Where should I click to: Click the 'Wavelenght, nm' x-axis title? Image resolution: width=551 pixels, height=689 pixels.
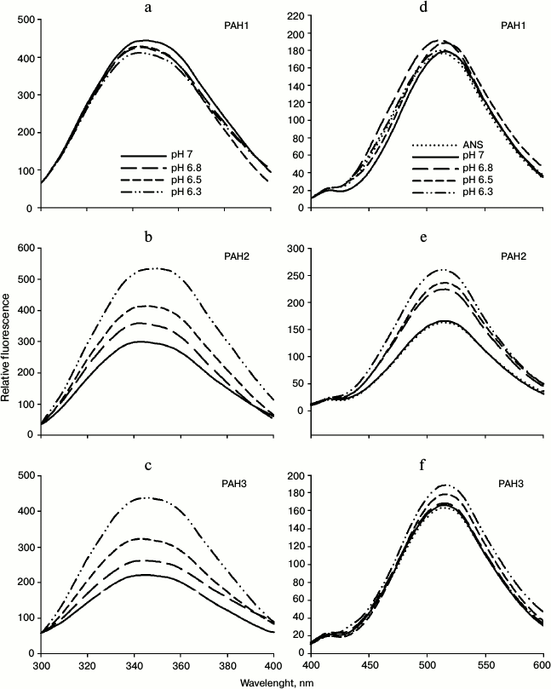pyautogui.click(x=277, y=682)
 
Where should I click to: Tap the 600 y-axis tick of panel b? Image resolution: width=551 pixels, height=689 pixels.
pyautogui.click(x=17, y=248)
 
